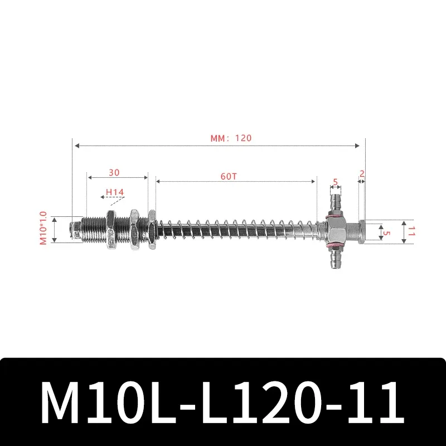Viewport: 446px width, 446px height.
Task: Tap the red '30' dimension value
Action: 114,173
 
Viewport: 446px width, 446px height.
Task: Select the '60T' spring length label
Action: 229,176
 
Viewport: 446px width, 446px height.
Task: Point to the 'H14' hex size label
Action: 115,192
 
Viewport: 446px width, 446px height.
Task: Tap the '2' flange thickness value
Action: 362,173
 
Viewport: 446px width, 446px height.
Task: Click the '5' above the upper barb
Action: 335,182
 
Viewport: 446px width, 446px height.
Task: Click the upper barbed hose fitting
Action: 335,202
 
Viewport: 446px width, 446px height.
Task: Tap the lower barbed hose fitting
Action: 335,259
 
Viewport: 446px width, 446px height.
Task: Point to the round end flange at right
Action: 362,231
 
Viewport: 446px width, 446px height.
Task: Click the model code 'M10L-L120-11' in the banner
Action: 223,402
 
